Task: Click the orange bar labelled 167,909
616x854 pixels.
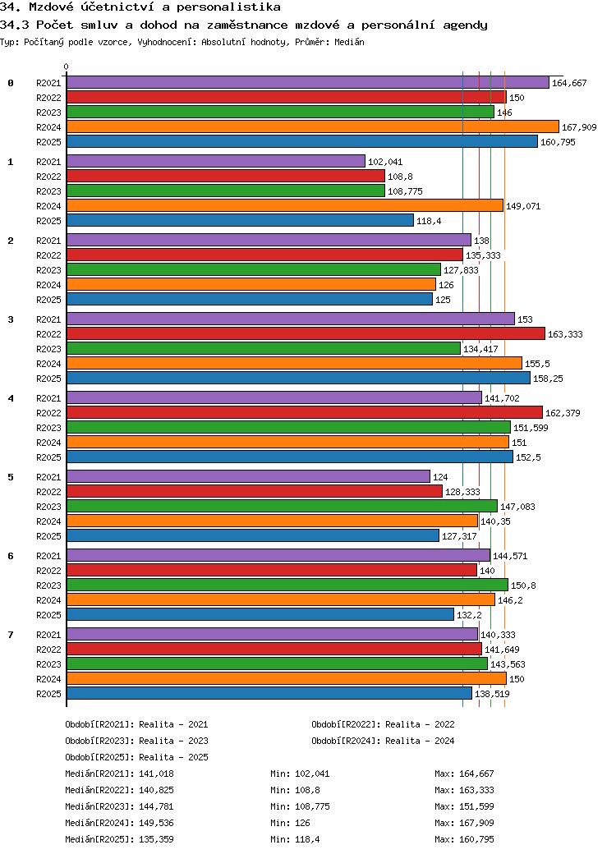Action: coord(313,127)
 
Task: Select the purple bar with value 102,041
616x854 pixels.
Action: coord(216,161)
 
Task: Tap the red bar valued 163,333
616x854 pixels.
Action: coord(306,334)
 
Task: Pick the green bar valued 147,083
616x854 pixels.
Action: coord(283,507)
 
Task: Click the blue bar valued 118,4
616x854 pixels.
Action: coord(240,221)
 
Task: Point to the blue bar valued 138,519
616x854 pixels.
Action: coord(269,693)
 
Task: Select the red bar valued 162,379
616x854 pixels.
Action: coord(305,413)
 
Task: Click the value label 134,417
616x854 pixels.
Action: coord(480,349)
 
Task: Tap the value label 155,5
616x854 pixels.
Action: coord(537,364)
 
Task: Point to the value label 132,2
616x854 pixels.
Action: coord(469,615)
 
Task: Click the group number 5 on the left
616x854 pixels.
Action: coord(11,477)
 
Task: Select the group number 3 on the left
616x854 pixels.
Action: coord(11,319)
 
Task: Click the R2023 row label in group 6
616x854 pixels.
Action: coord(48,585)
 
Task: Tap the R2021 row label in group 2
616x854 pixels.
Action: coord(48,240)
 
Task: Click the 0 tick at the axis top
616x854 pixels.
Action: coord(66,67)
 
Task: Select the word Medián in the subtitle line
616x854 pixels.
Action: coord(349,42)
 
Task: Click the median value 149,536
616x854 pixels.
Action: coord(156,823)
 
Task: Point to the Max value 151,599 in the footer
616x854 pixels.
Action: coord(476,806)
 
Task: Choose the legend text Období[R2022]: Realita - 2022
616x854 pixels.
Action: coord(383,724)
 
